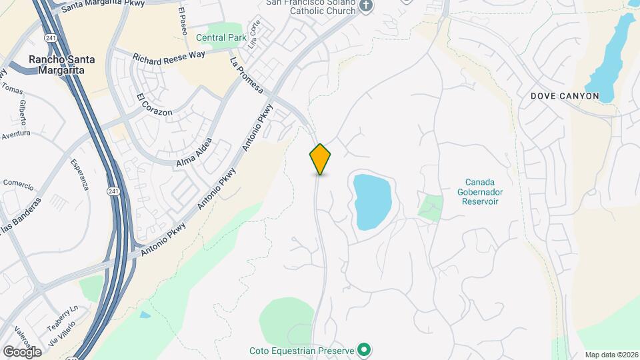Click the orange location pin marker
click(x=321, y=159)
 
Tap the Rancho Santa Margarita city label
click(x=61, y=65)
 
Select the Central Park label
click(x=221, y=37)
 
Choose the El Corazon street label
click(x=155, y=105)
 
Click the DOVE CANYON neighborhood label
click(x=565, y=96)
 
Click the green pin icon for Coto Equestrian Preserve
click(x=364, y=349)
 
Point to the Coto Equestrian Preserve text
click(x=301, y=350)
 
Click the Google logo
click(x=22, y=351)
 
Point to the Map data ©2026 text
click(x=611, y=355)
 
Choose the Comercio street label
click(x=19, y=183)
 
